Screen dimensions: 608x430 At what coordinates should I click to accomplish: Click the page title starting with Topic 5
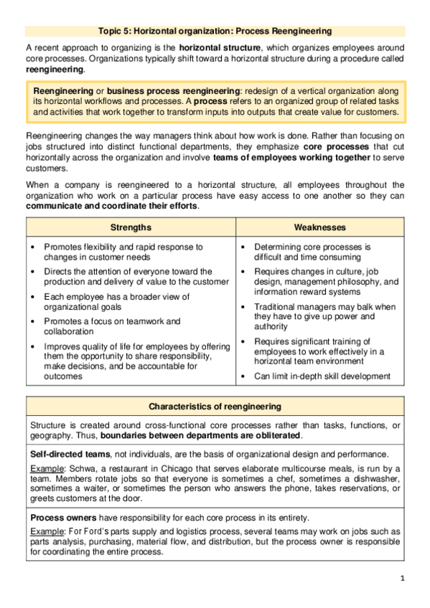215,32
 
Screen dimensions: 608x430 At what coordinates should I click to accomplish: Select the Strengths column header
131,227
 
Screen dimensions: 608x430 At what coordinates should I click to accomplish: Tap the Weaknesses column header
319,227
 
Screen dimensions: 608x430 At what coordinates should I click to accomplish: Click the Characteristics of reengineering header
215,407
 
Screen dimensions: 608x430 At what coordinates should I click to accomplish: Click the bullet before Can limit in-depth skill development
245,376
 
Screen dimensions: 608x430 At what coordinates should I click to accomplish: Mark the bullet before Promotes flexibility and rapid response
34,247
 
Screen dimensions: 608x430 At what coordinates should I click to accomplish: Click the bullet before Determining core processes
245,247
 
